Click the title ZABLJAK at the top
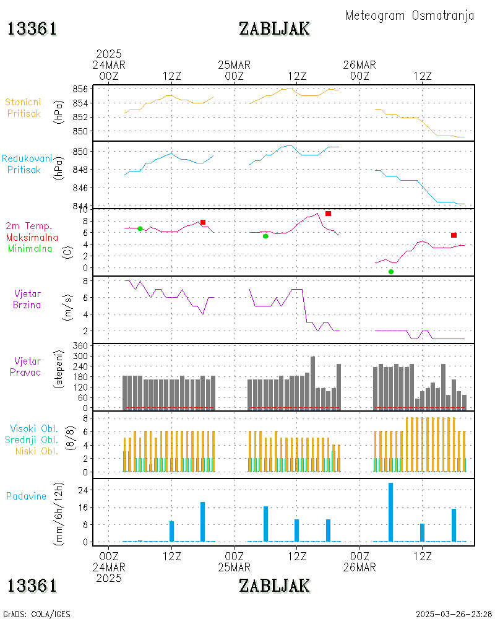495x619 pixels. click(x=274, y=28)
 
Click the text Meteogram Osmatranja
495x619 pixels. click(x=410, y=15)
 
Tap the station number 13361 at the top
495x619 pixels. click(x=32, y=28)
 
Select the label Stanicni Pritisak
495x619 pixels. click(x=24, y=107)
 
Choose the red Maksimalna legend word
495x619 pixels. click(x=32, y=237)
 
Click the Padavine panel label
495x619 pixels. click(x=26, y=496)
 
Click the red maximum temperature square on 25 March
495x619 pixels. click(x=328, y=214)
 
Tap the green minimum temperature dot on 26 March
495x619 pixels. click(x=391, y=272)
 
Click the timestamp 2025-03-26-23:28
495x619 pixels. click(x=454, y=614)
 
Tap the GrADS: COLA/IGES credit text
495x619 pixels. click(x=37, y=614)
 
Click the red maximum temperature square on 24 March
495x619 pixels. click(x=203, y=222)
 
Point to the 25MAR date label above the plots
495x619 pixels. click(x=235, y=65)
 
